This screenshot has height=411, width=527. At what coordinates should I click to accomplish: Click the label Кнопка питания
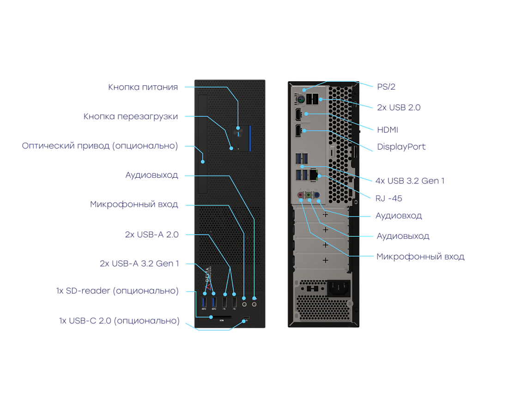pyautogui.click(x=143, y=87)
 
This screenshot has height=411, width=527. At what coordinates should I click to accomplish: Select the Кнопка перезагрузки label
pyautogui.click(x=131, y=116)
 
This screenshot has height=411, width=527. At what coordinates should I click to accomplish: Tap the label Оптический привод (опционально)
pyautogui.click(x=100, y=146)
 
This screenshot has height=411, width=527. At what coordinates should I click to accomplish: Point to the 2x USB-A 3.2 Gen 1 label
pyautogui.click(x=139, y=264)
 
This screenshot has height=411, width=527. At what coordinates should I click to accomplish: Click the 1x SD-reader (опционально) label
pyautogui.click(x=117, y=291)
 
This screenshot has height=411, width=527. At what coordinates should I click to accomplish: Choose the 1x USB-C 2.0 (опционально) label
pyautogui.click(x=119, y=320)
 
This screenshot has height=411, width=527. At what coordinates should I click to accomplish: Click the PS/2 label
pyautogui.click(x=386, y=86)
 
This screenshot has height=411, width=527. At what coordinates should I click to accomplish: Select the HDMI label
pyautogui.click(x=387, y=130)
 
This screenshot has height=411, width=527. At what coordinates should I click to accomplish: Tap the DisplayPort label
pyautogui.click(x=401, y=147)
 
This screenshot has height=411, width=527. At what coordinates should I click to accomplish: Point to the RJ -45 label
pyautogui.click(x=388, y=198)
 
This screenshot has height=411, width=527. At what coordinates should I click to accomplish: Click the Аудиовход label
pyautogui.click(x=398, y=216)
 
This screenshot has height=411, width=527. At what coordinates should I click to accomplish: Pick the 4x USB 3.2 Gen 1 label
pyautogui.click(x=410, y=181)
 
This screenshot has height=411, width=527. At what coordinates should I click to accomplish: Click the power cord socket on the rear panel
pyautogui.click(x=339, y=289)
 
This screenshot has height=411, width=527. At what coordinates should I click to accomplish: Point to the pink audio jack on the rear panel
pyautogui.click(x=301, y=195)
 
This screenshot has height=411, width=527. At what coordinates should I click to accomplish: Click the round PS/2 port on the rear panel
pyautogui.click(x=299, y=99)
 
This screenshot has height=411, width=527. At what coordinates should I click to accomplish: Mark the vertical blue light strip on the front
pyautogui.click(x=250, y=138)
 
